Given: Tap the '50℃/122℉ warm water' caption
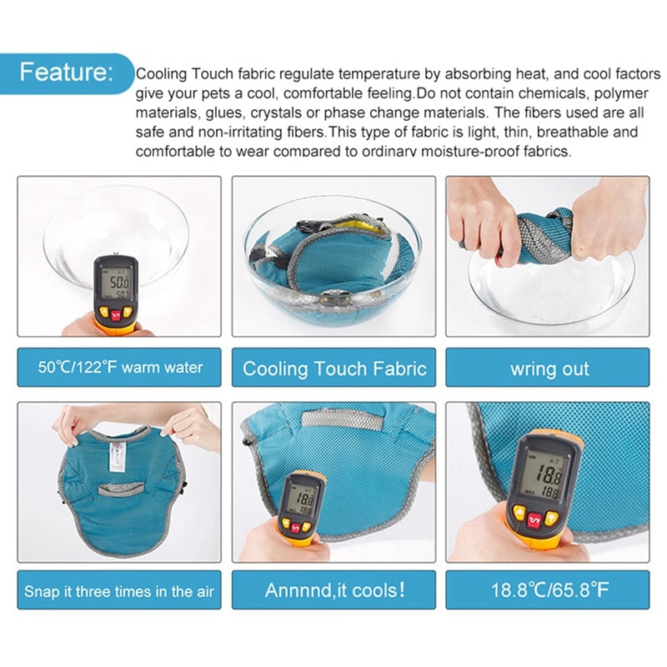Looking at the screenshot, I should coord(119,368).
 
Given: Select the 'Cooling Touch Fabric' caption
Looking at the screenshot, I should coord(333,368).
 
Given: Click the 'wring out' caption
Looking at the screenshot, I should coord(548,368).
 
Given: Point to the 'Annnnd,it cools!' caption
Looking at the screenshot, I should coord(333,590).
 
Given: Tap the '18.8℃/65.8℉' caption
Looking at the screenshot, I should coord(548,590).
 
